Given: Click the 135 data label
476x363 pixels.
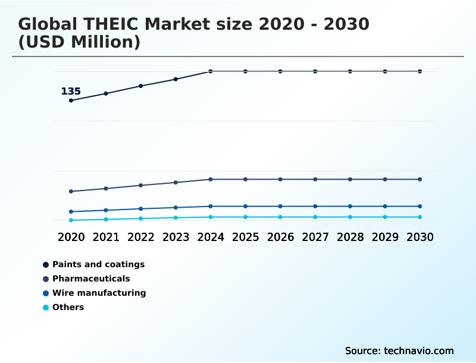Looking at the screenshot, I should [x=71, y=92].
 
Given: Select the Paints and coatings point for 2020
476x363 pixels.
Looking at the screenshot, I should [x=71, y=101].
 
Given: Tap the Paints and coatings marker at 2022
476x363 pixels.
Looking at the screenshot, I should [x=141, y=86].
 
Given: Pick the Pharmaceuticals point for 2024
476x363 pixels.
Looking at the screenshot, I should [x=211, y=179].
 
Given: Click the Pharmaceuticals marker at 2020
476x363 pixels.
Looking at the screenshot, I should [x=71, y=192].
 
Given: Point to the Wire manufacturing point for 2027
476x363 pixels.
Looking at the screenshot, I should [x=315, y=206].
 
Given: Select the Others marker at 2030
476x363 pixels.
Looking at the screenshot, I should [x=420, y=217].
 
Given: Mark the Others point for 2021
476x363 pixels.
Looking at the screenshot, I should [x=106, y=220].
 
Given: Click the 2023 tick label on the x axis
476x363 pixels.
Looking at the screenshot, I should [x=176, y=237].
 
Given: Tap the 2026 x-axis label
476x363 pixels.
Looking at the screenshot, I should [x=280, y=237].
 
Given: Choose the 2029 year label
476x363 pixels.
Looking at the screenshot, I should [x=385, y=237].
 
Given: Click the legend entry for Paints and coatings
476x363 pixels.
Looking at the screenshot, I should [x=98, y=264].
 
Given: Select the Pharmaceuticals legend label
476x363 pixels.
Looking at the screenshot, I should [x=91, y=278].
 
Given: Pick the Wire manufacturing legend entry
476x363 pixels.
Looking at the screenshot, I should [x=99, y=293].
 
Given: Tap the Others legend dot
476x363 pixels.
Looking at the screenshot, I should [x=46, y=308].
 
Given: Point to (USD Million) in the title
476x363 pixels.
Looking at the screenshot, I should [x=79, y=42].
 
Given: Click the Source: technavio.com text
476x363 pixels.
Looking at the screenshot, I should [x=399, y=351].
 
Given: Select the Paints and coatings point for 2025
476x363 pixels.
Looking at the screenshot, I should [x=245, y=71].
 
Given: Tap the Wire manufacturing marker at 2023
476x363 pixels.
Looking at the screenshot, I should [x=176, y=208].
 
